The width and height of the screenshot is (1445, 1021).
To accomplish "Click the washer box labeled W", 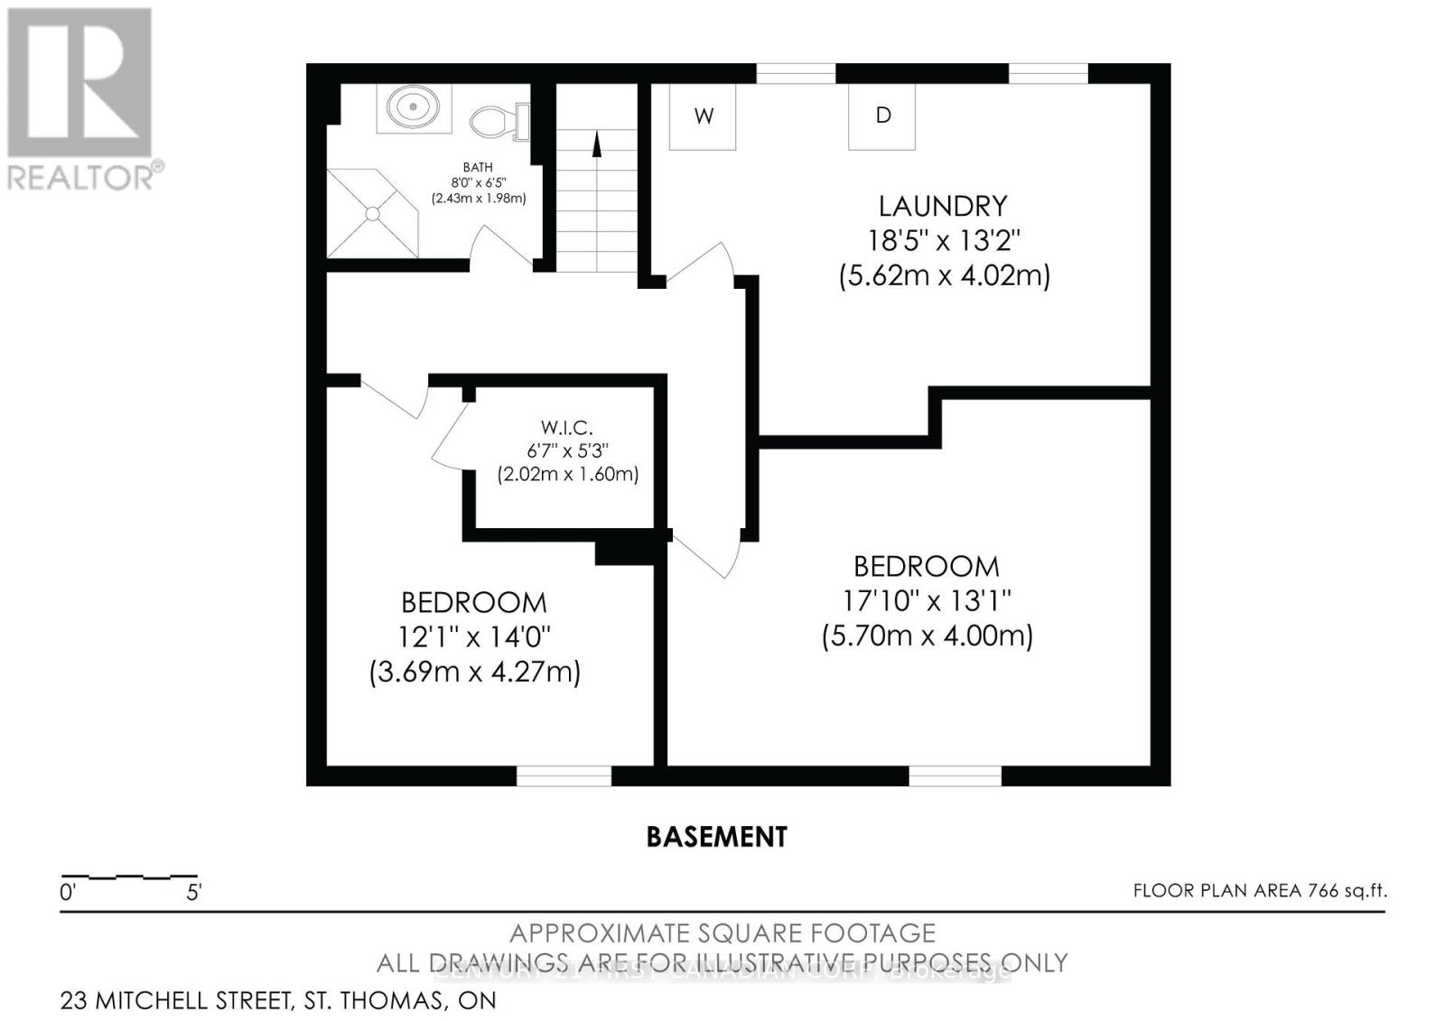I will pyautogui.click(x=703, y=116).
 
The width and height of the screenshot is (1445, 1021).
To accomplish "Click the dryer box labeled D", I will pyautogui.click(x=882, y=116).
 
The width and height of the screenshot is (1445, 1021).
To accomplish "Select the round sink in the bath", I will pyautogui.click(x=414, y=107).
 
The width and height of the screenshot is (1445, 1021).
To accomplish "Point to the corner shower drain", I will pyautogui.click(x=372, y=213).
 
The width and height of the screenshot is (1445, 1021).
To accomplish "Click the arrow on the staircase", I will pyautogui.click(x=596, y=144).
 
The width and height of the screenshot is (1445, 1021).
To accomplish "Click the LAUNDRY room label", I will pyautogui.click(x=942, y=206).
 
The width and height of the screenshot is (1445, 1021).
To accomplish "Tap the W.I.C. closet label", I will pyautogui.click(x=567, y=427).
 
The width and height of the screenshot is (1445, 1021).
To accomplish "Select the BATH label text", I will pyautogui.click(x=478, y=167).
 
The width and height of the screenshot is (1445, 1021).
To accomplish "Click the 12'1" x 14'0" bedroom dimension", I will pyautogui.click(x=474, y=637).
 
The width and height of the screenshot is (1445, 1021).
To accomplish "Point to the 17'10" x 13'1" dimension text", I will pyautogui.click(x=927, y=600).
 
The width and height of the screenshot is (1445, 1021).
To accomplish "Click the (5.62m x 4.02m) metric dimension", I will pyautogui.click(x=944, y=275).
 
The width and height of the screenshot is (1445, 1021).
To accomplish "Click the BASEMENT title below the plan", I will pyautogui.click(x=716, y=837).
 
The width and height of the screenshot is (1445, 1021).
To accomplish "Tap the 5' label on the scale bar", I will pyautogui.click(x=193, y=893).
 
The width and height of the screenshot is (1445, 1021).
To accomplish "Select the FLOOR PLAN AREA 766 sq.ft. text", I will pyautogui.click(x=1259, y=891).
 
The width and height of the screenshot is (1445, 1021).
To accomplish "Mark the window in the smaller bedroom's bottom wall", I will pyautogui.click(x=564, y=775).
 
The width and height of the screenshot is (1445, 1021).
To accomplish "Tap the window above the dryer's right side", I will pyautogui.click(x=1048, y=73).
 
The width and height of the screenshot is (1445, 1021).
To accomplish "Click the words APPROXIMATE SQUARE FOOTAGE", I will pyautogui.click(x=722, y=933).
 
